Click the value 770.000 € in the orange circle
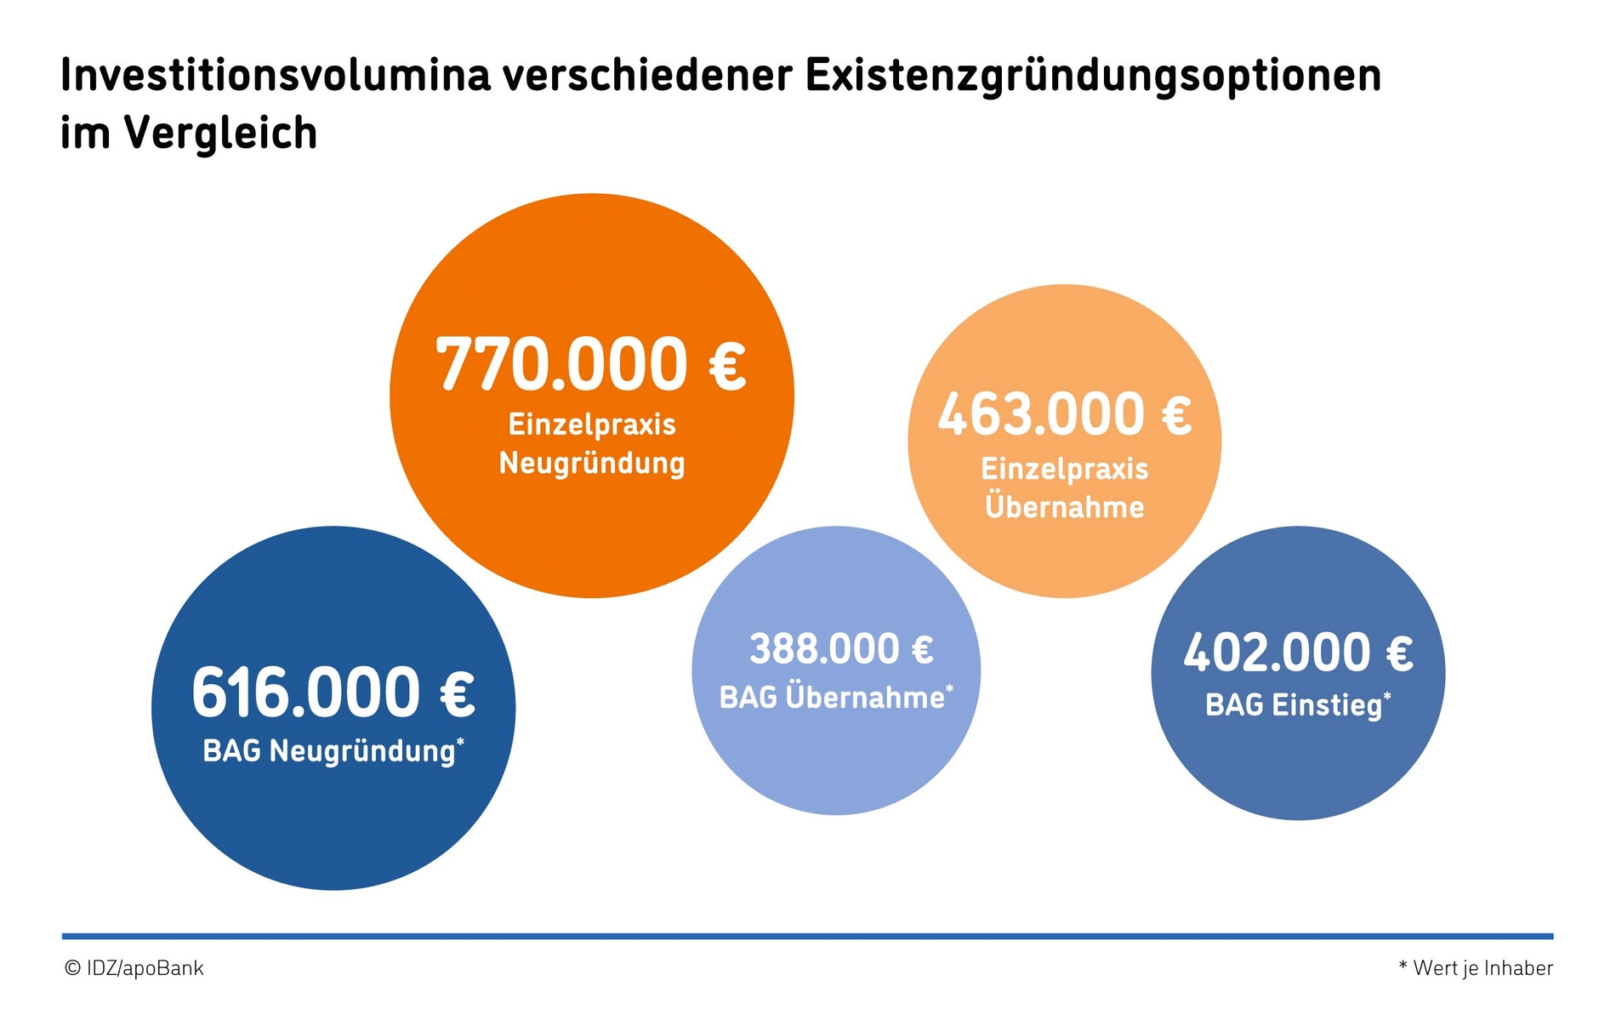tap(590, 364)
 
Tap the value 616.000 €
tap(333, 693)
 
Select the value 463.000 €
tap(1064, 414)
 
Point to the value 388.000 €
tap(841, 649)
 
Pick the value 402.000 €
tap(1298, 653)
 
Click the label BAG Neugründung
tap(329, 751)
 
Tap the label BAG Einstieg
tap(1293, 705)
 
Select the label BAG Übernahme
tap(832, 698)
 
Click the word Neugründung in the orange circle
tap(592, 465)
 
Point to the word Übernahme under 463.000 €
tap(1064, 507)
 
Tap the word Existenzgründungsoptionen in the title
tap(1093, 77)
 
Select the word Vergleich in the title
tap(221, 134)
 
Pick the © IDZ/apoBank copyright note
tap(134, 968)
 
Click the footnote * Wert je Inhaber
tap(1476, 968)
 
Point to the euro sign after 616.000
tap(458, 693)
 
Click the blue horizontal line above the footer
tap(807, 936)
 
